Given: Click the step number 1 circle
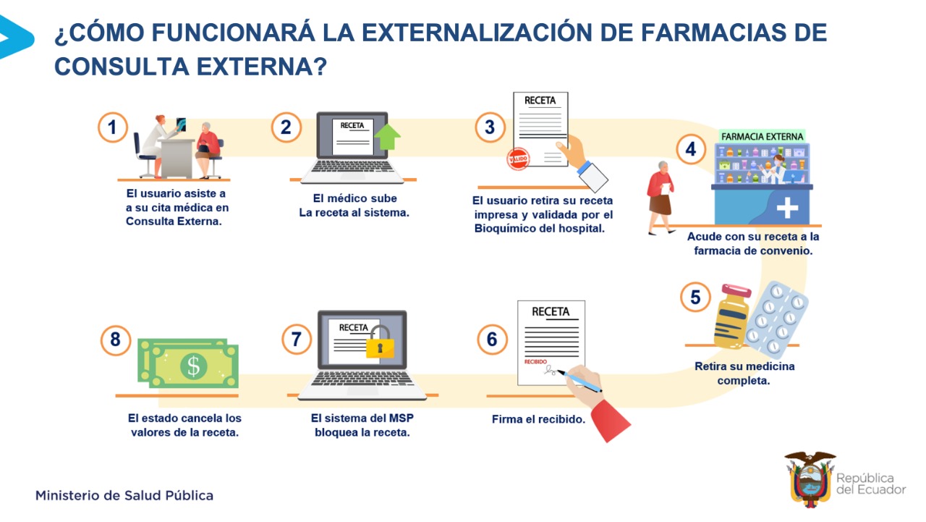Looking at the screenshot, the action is tap(112, 127).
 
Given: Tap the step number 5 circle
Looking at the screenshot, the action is tap(695, 297).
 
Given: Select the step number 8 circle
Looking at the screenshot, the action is tap(115, 340).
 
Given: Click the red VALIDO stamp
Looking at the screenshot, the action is tap(518, 159).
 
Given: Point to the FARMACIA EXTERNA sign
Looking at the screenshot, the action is tap(762, 136).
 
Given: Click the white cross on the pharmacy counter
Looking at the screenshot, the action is tap(787, 208).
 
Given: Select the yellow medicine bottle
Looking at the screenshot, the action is tap(732, 316).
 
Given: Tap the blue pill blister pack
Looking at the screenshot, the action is tap(776, 319).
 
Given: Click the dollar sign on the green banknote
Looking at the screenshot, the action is tap(193, 366).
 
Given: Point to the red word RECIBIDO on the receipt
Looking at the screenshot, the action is tap(535, 361).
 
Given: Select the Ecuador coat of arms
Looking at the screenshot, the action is tap(810, 479).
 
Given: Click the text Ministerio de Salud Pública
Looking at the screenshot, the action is tap(124, 495).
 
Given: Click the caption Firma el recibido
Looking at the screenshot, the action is tap(538, 419).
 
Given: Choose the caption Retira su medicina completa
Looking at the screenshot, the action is tap(744, 373).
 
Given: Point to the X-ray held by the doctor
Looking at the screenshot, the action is tap(181, 124).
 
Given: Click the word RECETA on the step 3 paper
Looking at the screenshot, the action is tap(540, 101).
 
